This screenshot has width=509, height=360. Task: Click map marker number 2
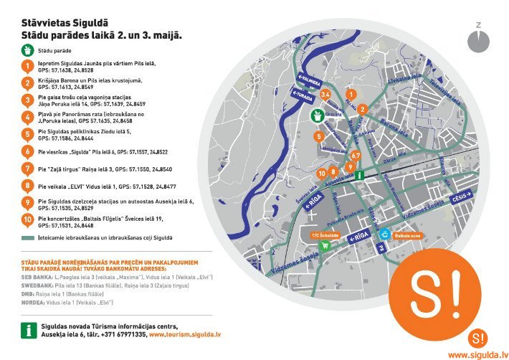(x=363, y=109)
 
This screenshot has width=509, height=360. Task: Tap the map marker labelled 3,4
(x=325, y=94)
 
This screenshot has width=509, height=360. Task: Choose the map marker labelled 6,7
(x=355, y=155)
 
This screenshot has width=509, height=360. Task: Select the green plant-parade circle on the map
(x=316, y=115)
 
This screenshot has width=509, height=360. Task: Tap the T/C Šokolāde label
(x=324, y=235)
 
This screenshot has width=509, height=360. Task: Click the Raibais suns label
(x=406, y=235)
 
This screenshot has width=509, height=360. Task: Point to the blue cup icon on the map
(x=384, y=234)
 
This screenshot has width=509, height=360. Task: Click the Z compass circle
(x=478, y=41)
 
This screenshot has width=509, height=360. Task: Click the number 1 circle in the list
(x=27, y=66)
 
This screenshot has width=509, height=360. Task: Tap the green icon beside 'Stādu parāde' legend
(x=27, y=51)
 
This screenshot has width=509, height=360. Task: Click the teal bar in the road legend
(x=28, y=237)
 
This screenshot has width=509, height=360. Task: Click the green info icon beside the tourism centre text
(x=28, y=330)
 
